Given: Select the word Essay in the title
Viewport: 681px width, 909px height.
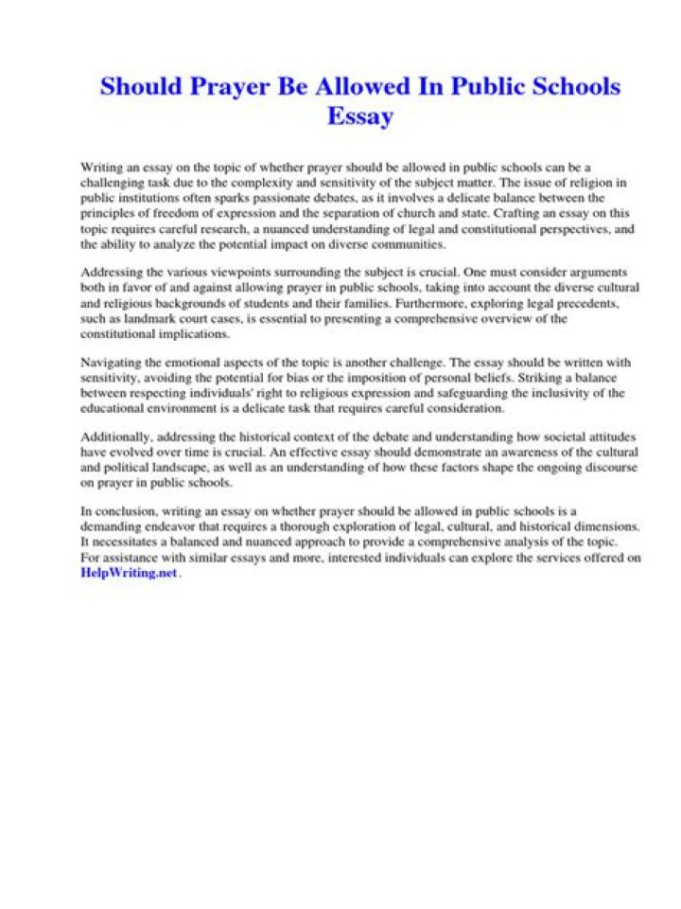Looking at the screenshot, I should [359, 117].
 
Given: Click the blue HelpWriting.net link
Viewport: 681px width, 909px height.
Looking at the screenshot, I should [129, 573].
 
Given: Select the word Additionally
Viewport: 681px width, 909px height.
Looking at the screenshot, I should [116, 437].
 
